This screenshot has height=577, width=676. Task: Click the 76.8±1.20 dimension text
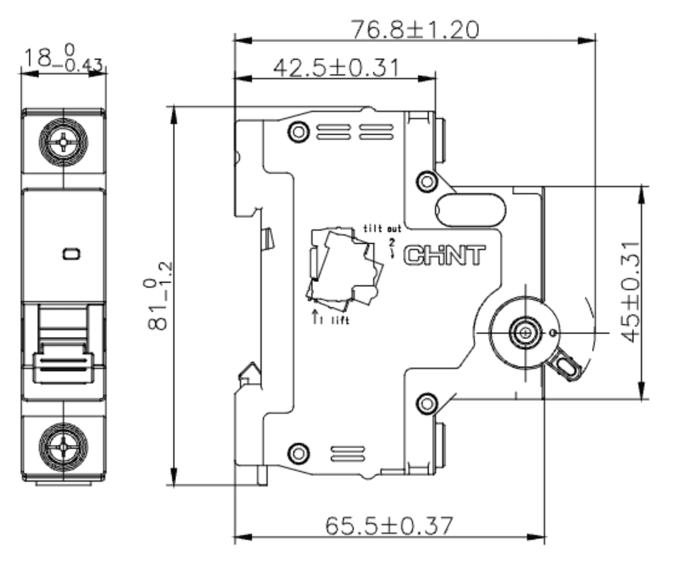[x=415, y=30]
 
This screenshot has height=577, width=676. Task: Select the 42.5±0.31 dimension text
[x=336, y=68]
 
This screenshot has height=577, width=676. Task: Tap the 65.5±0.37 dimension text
[x=388, y=525]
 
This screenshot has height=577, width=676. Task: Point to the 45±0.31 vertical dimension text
[x=632, y=292]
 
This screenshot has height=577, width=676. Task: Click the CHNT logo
[x=444, y=255]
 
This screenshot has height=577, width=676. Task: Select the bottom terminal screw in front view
[x=63, y=446]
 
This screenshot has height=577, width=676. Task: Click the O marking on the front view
[x=71, y=254]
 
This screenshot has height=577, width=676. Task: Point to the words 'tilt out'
[x=382, y=228]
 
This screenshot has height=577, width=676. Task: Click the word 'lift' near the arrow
[x=340, y=320]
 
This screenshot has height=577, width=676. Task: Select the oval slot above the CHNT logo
[x=471, y=209]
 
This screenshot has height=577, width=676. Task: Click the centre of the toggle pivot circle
[x=526, y=333]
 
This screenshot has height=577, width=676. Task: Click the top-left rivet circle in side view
[x=298, y=131]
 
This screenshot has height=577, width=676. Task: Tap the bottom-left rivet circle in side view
[x=298, y=453]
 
